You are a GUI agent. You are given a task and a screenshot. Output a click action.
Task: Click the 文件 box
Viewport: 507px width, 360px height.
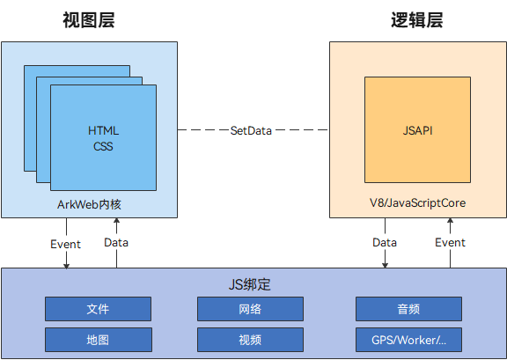pyautogui.click(x=98, y=309)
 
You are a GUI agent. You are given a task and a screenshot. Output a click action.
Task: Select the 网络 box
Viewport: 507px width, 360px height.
pyautogui.click(x=250, y=309)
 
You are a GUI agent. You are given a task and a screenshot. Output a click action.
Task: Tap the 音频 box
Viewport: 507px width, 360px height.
pyautogui.click(x=408, y=309)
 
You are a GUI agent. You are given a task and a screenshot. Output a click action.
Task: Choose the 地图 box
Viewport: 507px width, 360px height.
pyautogui.click(x=98, y=340)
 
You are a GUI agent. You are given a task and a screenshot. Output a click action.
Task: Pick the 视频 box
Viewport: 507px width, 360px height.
pyautogui.click(x=250, y=340)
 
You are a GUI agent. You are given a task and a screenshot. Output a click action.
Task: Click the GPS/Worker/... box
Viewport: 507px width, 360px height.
pyautogui.click(x=408, y=340)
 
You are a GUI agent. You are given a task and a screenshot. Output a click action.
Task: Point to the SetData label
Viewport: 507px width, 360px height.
pyautogui.click(x=251, y=130)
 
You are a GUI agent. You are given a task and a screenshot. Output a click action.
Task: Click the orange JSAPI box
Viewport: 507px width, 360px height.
pyautogui.click(x=416, y=130)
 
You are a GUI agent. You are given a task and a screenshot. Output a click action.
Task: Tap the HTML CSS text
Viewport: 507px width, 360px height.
pyautogui.click(x=103, y=138)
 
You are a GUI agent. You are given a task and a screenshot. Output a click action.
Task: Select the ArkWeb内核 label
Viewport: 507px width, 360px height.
pyautogui.click(x=89, y=204)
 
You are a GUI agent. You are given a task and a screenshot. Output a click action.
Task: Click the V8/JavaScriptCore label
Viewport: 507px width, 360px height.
pyautogui.click(x=417, y=203)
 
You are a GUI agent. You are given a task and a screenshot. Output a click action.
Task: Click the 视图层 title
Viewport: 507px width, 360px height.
pyautogui.click(x=89, y=20)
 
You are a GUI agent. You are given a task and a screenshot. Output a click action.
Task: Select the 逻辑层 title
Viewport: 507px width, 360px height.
pyautogui.click(x=417, y=20)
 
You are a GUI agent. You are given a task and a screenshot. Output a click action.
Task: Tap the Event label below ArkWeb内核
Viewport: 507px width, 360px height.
pyautogui.click(x=65, y=244)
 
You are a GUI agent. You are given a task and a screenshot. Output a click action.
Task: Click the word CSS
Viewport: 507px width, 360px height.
pyautogui.click(x=103, y=146)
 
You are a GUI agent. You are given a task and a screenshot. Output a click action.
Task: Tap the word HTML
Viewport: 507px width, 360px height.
pyautogui.click(x=103, y=130)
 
